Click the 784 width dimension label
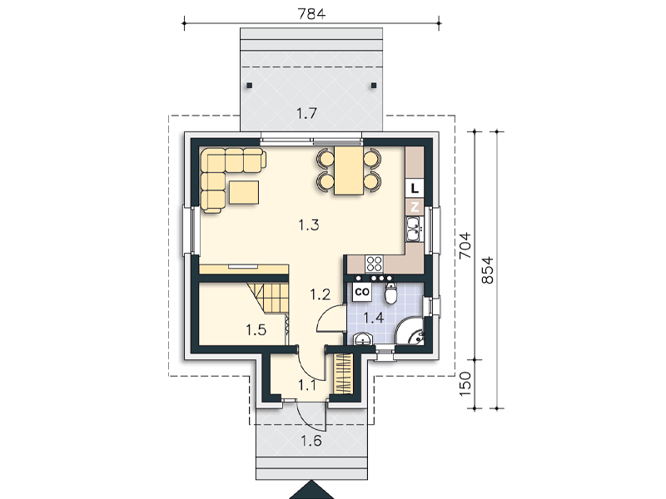click(x=311, y=13)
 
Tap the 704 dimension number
click(x=465, y=245)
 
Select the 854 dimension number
click(x=488, y=269)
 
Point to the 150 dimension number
click(x=465, y=383)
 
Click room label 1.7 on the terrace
click(x=306, y=113)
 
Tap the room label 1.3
click(x=309, y=225)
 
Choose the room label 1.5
click(x=256, y=329)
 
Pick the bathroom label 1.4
click(x=374, y=317)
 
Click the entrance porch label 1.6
click(x=311, y=441)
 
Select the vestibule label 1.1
click(x=306, y=385)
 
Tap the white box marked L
click(x=415, y=188)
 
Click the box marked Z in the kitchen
click(x=415, y=206)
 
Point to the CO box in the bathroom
click(x=361, y=292)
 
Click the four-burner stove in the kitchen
click(x=374, y=264)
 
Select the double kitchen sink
click(x=414, y=229)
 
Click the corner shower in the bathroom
click(x=410, y=331)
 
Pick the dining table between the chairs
click(x=349, y=170)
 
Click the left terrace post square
click(x=249, y=86)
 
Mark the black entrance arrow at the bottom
click(x=311, y=491)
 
